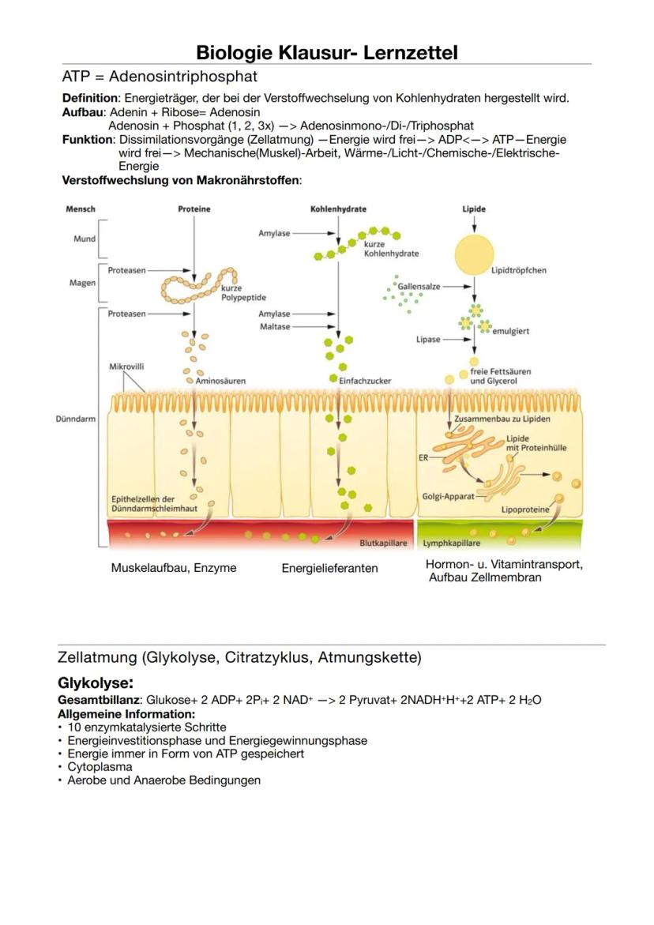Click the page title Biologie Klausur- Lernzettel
[x=326, y=53]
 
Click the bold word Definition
[x=90, y=99]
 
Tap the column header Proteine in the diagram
[x=194, y=209]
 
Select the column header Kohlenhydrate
[x=338, y=209]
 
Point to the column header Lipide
[x=473, y=209]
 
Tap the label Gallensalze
[x=419, y=286]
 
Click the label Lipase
[x=428, y=340]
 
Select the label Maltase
[x=274, y=326]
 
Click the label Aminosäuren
[x=220, y=381]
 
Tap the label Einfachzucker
[x=364, y=381]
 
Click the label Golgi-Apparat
[x=448, y=496]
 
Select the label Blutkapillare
[x=383, y=543]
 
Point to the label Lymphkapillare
[x=452, y=543]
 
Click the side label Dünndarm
[x=80, y=419]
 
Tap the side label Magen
[x=82, y=283]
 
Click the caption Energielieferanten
[x=329, y=568]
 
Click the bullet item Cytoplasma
[x=100, y=766]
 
